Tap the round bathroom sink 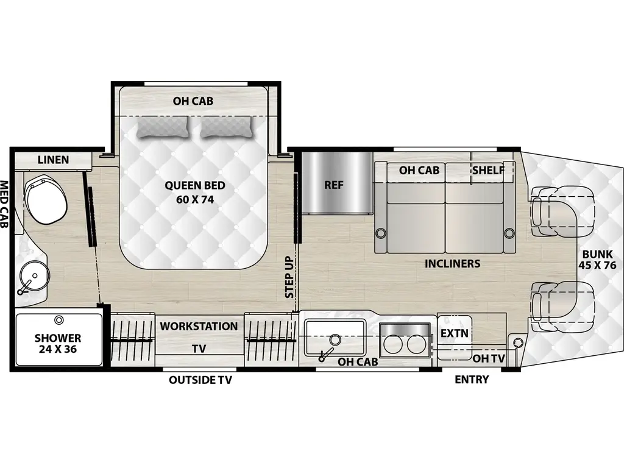34,278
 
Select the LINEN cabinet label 53,160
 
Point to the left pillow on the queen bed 162,127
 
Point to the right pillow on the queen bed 226,127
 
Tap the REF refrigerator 333,185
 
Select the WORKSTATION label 199,326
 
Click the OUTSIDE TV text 200,380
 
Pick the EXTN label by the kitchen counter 455,334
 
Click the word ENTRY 472,380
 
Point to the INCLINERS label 453,264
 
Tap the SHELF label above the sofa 489,171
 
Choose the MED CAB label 4,204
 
